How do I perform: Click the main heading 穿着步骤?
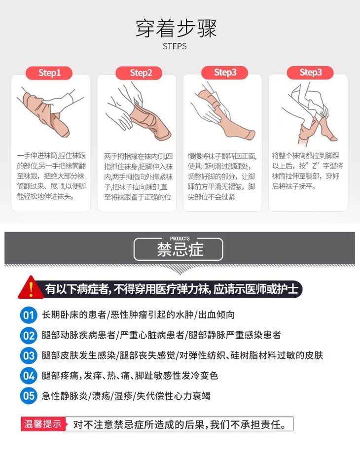pyautogui.click(x=176, y=29)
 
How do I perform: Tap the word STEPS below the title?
pyautogui.click(x=175, y=46)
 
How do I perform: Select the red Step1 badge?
pyautogui.click(x=49, y=72)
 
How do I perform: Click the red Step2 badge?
pyautogui.click(x=139, y=72)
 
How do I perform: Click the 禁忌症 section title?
pyautogui.click(x=180, y=249)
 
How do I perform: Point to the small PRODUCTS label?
pyautogui.click(x=180, y=238)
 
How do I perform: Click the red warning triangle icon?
pyautogui.click(x=31, y=288)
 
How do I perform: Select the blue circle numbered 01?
pyautogui.click(x=29, y=315)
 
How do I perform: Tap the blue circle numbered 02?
pyautogui.click(x=29, y=335)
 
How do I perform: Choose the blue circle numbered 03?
pyautogui.click(x=29, y=355)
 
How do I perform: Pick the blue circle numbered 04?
pyautogui.click(x=29, y=376)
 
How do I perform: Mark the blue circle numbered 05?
pyautogui.click(x=29, y=395)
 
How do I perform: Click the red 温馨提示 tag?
pyautogui.click(x=43, y=424)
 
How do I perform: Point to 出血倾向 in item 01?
pyautogui.click(x=216, y=314)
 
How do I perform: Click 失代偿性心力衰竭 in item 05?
pyautogui.click(x=173, y=395)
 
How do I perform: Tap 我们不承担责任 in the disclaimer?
pyautogui.click(x=245, y=424)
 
